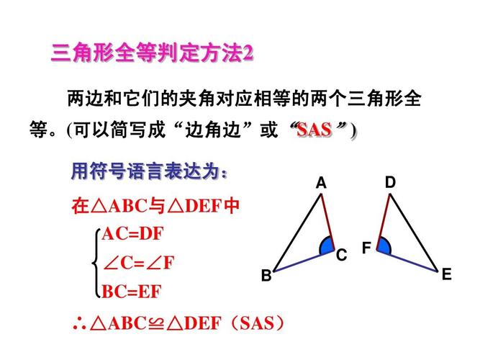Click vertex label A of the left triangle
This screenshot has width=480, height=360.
(x=321, y=183)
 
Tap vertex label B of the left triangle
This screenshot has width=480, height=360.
(x=266, y=275)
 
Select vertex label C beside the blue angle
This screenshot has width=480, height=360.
(x=341, y=255)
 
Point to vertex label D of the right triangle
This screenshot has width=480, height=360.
(x=390, y=182)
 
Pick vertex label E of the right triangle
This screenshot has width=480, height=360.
(x=447, y=274)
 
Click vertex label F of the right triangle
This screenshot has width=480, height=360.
(x=366, y=248)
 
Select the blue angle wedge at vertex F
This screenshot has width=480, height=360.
(x=384, y=246)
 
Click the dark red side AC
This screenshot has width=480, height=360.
(x=327, y=222)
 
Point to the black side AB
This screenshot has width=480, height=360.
(x=297, y=233)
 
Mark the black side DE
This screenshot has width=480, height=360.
(x=414, y=233)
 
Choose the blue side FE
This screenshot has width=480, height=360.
(x=407, y=261)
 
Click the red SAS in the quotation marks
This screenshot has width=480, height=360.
(x=314, y=130)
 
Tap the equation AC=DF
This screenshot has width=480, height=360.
(x=133, y=234)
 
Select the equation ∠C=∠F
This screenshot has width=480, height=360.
(x=139, y=263)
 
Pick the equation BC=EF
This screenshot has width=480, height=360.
(x=131, y=292)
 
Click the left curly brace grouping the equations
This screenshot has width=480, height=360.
(x=96, y=263)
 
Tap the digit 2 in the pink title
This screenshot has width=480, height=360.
(x=248, y=53)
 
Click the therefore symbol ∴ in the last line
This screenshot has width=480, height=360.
(x=79, y=324)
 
